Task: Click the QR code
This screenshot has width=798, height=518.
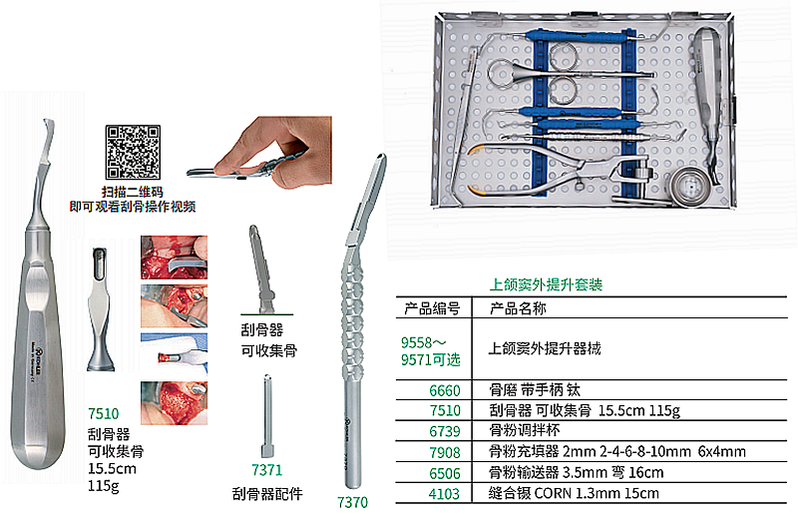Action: [134, 151]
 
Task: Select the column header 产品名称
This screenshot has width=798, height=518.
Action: [519, 308]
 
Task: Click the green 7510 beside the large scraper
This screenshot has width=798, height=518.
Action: [104, 412]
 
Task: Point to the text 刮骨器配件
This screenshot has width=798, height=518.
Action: [266, 494]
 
